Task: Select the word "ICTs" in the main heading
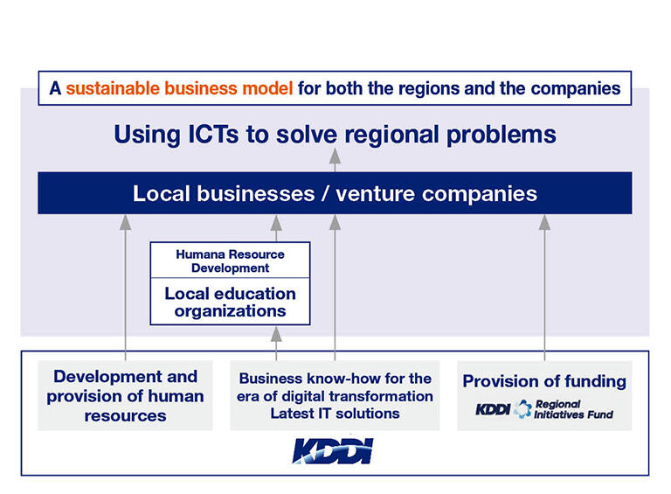[213, 135]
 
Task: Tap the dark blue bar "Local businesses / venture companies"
[335, 193]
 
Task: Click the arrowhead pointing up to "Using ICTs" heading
[335, 156]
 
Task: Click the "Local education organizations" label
[231, 303]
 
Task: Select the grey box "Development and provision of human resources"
[125, 395]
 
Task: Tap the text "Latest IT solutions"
[335, 414]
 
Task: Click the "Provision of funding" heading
[544, 381]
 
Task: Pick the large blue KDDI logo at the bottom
[333, 451]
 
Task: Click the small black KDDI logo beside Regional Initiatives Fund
[493, 410]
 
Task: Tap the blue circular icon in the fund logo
[522, 409]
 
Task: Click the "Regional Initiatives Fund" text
[573, 409]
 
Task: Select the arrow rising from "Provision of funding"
[544, 288]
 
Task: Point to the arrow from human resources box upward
[125, 288]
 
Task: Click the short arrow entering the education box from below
[276, 344]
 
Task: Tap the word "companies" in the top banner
[576, 88]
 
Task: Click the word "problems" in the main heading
[502, 136]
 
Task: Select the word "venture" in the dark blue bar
[376, 193]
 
